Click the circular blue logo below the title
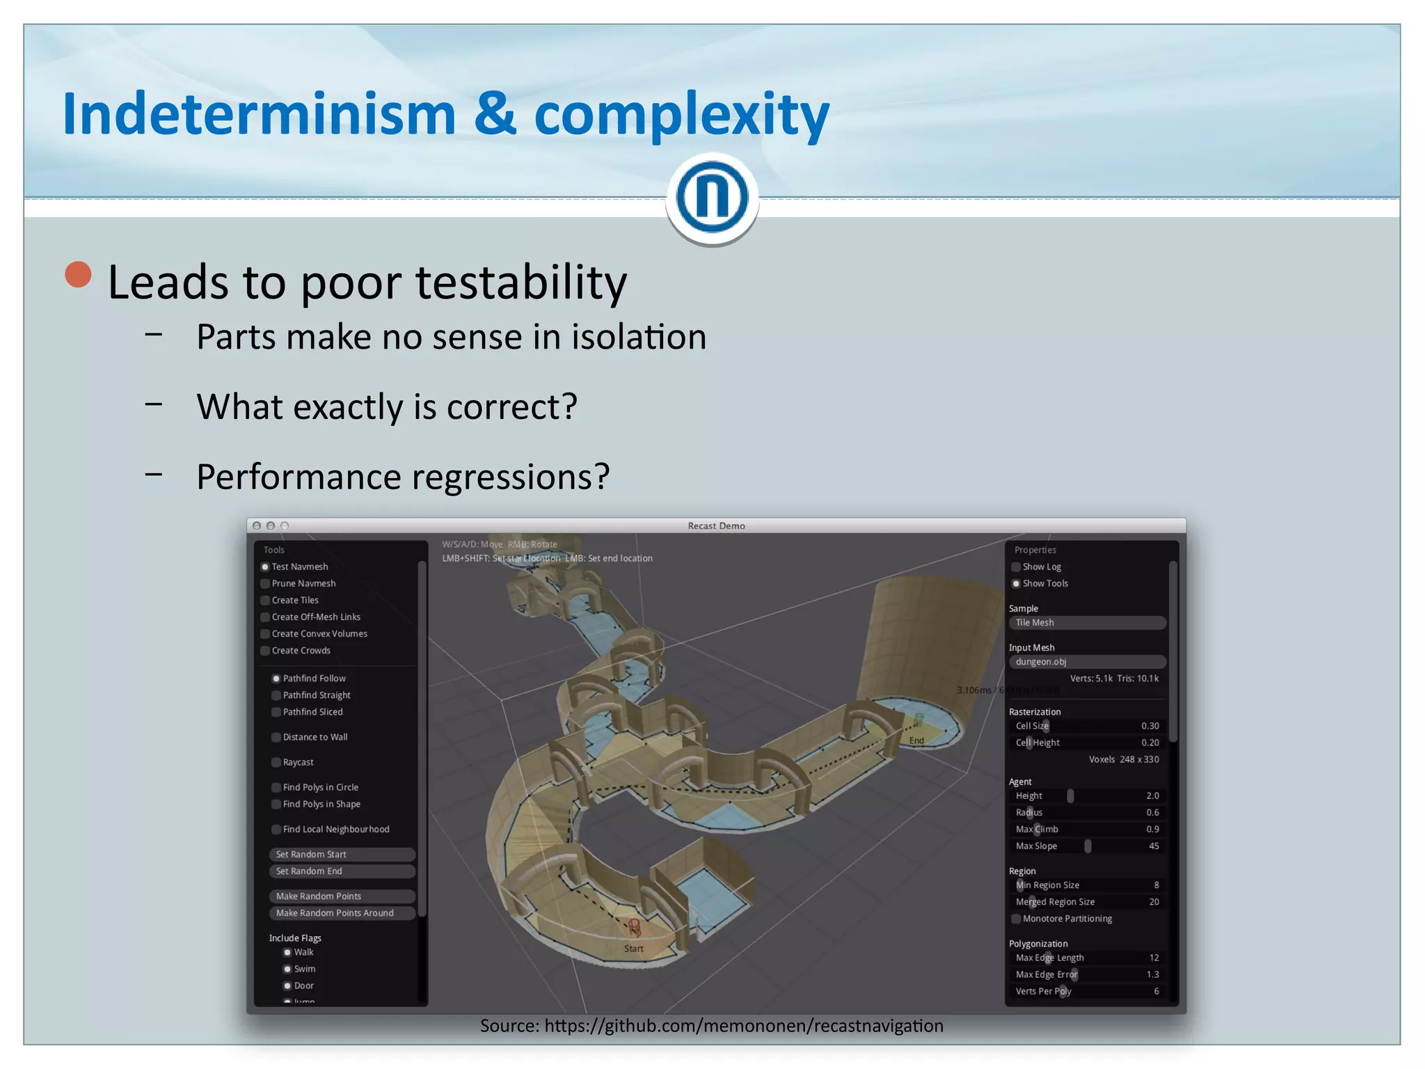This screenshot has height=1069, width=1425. (x=712, y=197)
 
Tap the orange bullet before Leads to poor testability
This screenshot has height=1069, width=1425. (x=79, y=274)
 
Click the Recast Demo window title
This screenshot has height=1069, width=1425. (x=716, y=525)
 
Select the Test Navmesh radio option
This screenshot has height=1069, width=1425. (x=265, y=567)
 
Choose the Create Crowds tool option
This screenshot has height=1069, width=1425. (x=265, y=651)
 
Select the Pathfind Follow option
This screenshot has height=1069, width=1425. (x=276, y=679)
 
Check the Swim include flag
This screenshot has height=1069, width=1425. (x=287, y=969)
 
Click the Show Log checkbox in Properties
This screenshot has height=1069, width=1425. (x=1016, y=567)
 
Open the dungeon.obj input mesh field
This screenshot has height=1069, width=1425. (x=1087, y=662)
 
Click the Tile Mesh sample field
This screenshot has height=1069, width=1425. (x=1087, y=623)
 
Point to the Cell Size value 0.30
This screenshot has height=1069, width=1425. (x=1149, y=726)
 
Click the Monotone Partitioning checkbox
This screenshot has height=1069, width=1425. (x=1016, y=919)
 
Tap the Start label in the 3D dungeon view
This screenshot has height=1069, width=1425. (x=633, y=949)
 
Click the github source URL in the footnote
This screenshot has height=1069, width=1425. (x=743, y=1026)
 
